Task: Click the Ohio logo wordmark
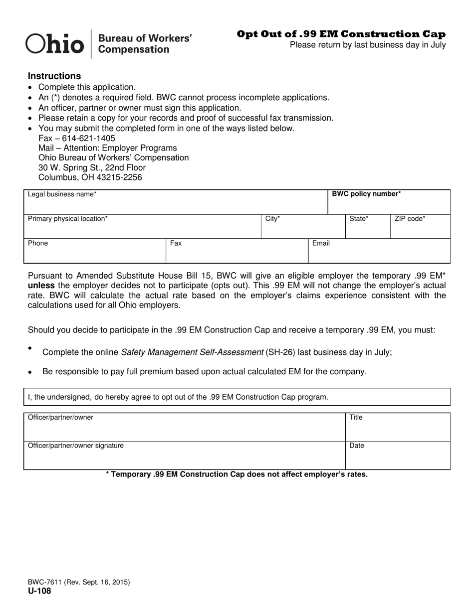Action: tap(54, 44)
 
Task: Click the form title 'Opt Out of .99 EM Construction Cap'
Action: tap(341, 34)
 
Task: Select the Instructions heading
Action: tap(54, 76)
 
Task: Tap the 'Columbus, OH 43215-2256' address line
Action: tap(90, 177)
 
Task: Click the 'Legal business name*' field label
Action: tap(62, 194)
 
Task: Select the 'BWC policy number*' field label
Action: tap(366, 194)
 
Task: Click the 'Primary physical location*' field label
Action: tap(67, 219)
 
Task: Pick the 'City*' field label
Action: tap(272, 219)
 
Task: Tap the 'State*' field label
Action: tap(359, 219)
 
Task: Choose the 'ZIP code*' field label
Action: tap(410, 219)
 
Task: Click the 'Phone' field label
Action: tap(38, 243)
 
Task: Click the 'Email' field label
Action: tap(321, 243)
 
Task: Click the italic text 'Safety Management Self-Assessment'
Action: tap(192, 352)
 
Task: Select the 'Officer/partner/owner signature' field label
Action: tap(76, 446)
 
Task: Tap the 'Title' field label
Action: tap(356, 417)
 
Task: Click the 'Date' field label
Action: tap(357, 446)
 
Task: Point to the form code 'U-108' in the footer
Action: tap(39, 591)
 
